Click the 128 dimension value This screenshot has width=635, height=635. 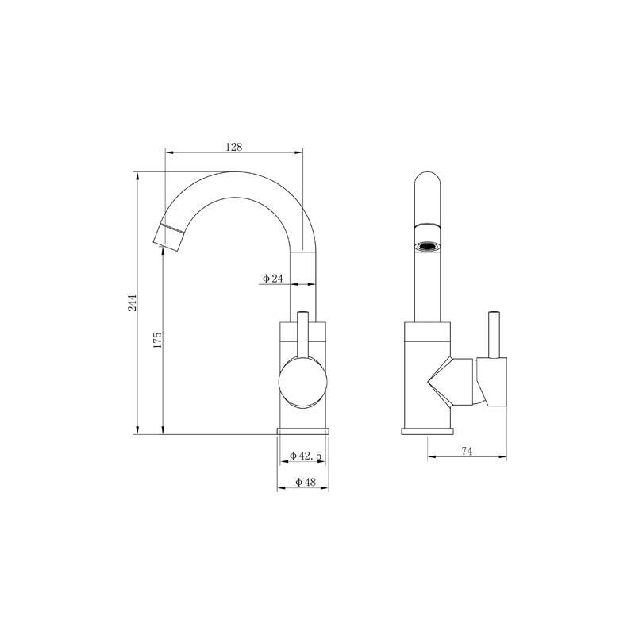coord(233,147)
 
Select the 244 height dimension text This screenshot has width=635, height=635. coord(133,303)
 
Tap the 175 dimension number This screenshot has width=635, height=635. coord(157,341)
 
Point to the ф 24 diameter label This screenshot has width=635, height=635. coord(272,279)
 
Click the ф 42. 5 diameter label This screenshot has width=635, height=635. coord(306,456)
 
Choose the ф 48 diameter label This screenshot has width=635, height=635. coord(306,482)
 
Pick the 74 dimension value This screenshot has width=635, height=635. coord(467,451)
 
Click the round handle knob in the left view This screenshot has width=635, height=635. coord(302,382)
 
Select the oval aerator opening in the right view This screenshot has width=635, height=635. coord(427,246)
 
